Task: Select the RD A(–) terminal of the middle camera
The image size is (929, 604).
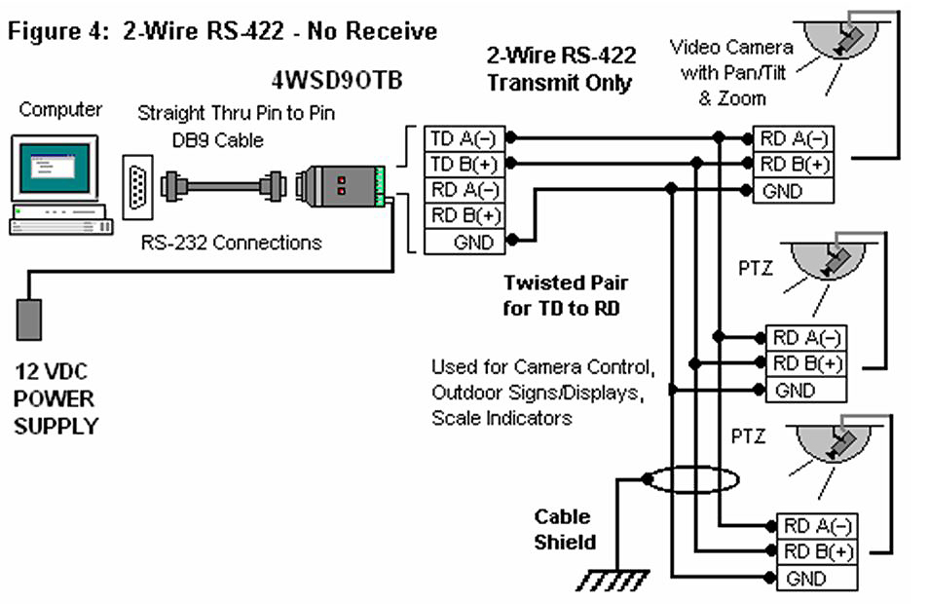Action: [806, 338]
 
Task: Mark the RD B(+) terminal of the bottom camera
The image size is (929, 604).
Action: [816, 551]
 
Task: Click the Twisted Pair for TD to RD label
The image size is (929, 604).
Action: [565, 296]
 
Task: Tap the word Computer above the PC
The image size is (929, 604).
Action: [60, 110]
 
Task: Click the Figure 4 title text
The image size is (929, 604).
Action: [222, 31]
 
